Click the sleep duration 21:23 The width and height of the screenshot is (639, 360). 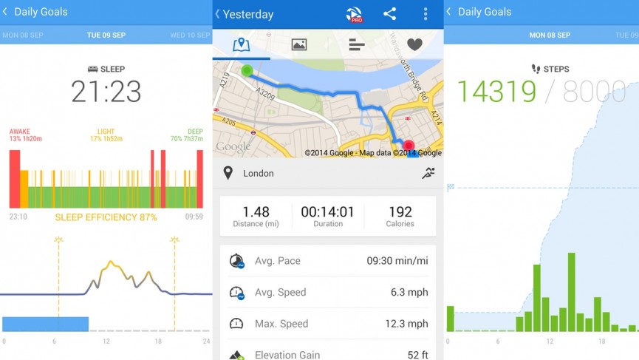pos(106,92)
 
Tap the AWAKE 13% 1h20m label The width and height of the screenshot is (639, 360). pos(26,135)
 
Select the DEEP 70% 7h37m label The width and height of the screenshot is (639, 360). pos(187,135)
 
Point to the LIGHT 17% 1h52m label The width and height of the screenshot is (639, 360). pos(106,135)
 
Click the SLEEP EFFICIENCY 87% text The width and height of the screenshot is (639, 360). pos(106,217)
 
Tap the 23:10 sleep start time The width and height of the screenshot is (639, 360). pos(18,217)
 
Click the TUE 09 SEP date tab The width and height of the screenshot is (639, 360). pos(106,35)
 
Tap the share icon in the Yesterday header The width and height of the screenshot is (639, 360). pos(389,14)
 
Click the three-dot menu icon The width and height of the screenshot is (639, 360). pos(425,14)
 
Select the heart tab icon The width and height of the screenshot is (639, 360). pos(414,45)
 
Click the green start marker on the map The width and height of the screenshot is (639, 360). pos(247,71)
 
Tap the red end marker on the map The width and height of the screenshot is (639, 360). pos(409,146)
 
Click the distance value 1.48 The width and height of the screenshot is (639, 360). pos(256,212)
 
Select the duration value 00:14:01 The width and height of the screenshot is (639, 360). pos(327,212)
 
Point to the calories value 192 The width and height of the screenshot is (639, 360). pos(400,212)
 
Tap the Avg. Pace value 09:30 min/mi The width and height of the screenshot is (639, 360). pos(397,261)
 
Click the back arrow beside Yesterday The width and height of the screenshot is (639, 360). pos(218,14)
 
